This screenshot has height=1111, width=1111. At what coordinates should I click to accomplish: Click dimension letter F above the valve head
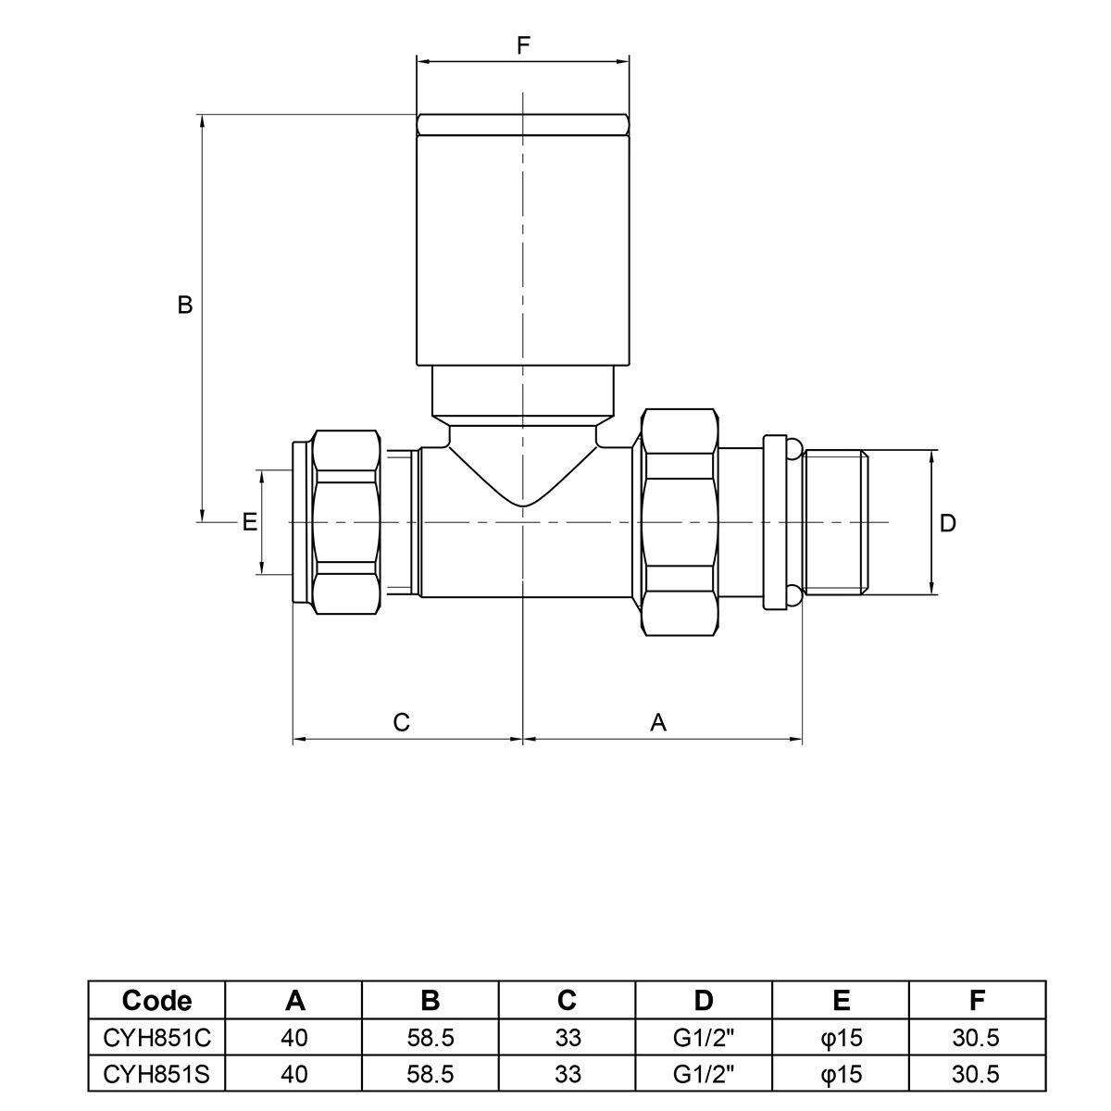point(522,45)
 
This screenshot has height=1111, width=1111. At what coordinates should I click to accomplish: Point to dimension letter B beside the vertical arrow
point(184,305)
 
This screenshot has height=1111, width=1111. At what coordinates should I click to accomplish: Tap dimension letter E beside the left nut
point(249,522)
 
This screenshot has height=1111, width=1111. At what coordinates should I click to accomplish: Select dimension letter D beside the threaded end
point(947,523)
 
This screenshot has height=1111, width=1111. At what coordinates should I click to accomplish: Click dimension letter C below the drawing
point(401,722)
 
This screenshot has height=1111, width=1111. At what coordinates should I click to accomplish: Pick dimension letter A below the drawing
point(658,722)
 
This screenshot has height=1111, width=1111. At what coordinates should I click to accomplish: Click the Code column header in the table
point(156,1000)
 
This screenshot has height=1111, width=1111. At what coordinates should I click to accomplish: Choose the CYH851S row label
point(156,1074)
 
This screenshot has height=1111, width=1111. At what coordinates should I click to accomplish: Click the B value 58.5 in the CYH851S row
point(431,1074)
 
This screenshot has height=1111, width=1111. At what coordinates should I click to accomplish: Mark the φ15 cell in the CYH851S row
point(841,1074)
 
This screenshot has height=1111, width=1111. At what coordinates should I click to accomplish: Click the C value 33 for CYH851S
point(568,1074)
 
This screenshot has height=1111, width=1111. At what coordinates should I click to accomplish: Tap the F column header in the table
point(977,1000)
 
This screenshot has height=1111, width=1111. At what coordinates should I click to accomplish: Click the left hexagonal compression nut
point(346,522)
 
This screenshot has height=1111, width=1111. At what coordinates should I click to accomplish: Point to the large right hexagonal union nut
point(680,522)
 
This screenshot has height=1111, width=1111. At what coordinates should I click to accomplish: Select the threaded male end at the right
point(835,522)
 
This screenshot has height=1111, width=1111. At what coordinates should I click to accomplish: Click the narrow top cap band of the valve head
point(522,125)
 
